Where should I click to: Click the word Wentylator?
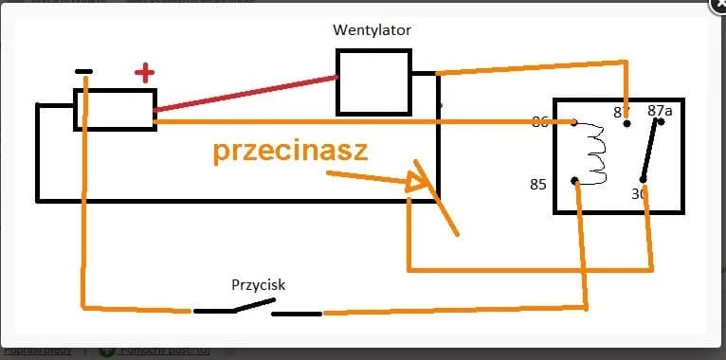pyautogui.click(x=372, y=29)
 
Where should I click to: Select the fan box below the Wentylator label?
pyautogui.click(x=373, y=82)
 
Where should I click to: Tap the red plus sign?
pyautogui.click(x=144, y=72)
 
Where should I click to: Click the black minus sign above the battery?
pyautogui.click(x=83, y=72)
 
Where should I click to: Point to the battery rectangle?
pyautogui.click(x=116, y=109)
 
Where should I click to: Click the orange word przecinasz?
pyautogui.click(x=289, y=152)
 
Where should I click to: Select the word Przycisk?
pyautogui.click(x=259, y=284)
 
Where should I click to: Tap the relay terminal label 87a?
pyautogui.click(x=660, y=111)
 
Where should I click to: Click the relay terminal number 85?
pyautogui.click(x=538, y=184)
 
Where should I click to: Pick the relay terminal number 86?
pyautogui.click(x=540, y=121)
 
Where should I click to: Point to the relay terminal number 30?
pyautogui.click(x=639, y=193)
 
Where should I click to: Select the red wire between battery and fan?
pyautogui.click(x=246, y=93)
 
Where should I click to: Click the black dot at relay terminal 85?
pyautogui.click(x=575, y=180)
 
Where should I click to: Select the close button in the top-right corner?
pyautogui.click(x=718, y=6)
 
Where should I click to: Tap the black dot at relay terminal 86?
pyautogui.click(x=574, y=121)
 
